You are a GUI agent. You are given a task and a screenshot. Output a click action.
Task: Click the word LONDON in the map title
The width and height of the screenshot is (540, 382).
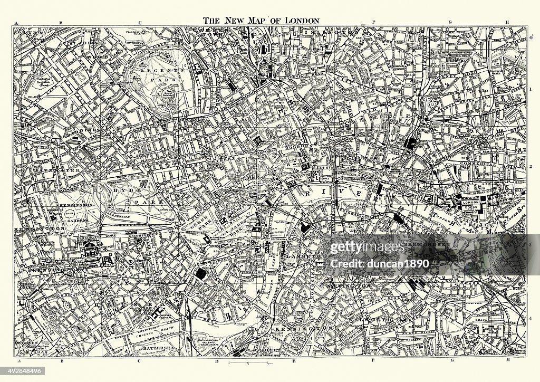[302, 21]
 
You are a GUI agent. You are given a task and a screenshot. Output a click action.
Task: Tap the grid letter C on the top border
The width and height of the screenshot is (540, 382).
[140, 23]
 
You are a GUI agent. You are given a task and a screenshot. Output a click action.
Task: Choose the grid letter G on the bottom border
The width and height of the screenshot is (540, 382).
[452, 361]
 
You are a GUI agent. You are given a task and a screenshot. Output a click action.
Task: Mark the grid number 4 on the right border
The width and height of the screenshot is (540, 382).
[531, 318]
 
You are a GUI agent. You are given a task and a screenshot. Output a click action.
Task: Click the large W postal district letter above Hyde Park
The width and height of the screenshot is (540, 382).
[156, 184]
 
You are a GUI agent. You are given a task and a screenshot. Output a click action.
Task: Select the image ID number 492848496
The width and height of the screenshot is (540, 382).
[24, 371]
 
